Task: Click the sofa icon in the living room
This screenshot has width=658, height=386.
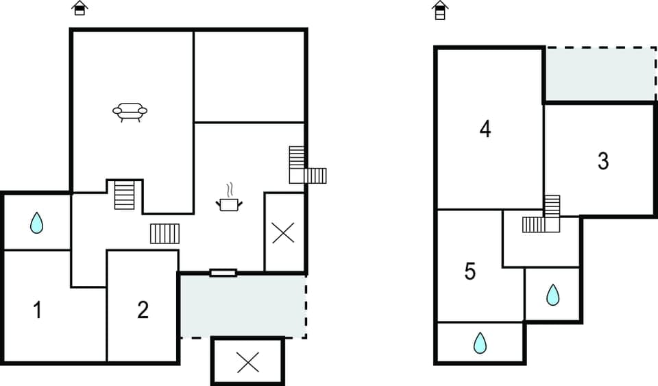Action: point(130,111)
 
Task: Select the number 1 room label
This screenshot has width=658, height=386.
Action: point(38,310)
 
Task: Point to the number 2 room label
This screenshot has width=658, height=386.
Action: point(143,310)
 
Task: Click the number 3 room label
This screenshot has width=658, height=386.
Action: point(602,161)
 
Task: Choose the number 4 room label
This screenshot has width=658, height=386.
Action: point(485,129)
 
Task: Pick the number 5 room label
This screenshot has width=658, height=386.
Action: point(470,272)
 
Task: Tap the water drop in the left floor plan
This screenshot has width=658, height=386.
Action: point(36,222)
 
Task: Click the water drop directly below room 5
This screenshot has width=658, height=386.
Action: point(480,342)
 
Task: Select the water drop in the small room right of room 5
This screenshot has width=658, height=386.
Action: point(552,295)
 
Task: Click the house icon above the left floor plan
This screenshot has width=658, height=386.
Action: point(80,8)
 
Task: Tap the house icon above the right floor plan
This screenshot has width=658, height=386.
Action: point(440,10)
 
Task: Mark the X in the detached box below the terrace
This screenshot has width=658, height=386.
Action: point(247,361)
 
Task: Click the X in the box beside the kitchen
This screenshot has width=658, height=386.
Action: point(284,232)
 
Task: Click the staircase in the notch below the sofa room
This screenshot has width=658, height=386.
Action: point(125,195)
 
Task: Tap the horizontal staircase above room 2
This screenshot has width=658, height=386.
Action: point(164,233)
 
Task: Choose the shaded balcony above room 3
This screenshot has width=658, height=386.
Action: point(600,75)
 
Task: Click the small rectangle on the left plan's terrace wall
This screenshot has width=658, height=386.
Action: point(223,273)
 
